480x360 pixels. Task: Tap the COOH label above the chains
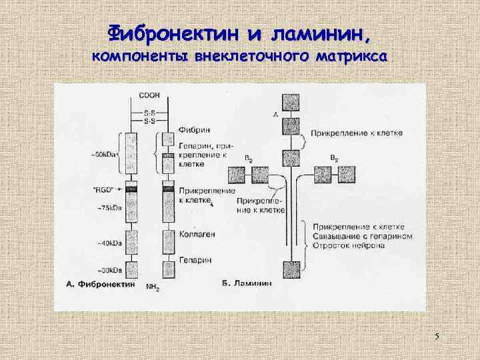pos(149,95)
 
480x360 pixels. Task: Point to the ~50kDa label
pos(103,155)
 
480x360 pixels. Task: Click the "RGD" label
pos(103,189)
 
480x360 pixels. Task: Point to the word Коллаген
pos(195,234)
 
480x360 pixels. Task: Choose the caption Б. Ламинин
pos(246,283)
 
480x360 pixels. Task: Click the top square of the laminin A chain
pos(290,101)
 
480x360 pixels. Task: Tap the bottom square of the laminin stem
pos(291,270)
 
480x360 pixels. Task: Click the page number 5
pos(437,336)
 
